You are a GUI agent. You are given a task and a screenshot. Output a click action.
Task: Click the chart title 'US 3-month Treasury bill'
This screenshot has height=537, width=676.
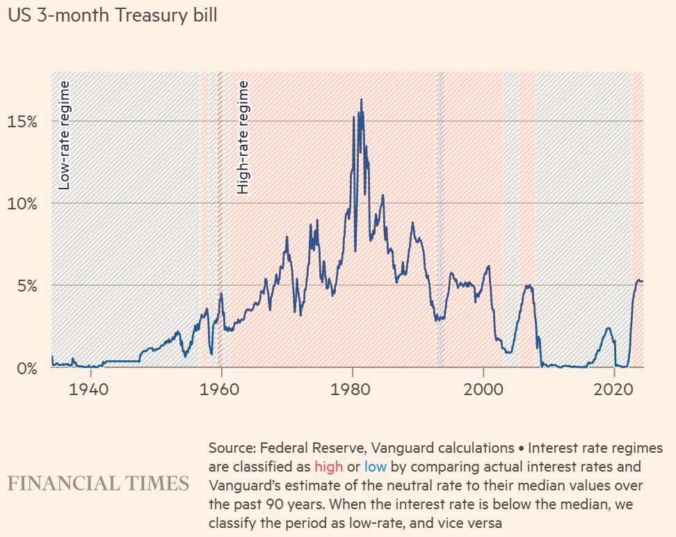(x=113, y=15)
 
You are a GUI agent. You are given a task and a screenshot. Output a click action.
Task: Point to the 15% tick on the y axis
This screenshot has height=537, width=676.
(x=22, y=122)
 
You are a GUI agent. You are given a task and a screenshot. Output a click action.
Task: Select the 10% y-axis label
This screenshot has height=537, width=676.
(x=22, y=204)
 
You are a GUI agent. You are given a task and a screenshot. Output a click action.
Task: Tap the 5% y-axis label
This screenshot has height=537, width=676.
(x=27, y=285)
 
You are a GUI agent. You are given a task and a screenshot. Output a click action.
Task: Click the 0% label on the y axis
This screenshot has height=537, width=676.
(x=27, y=369)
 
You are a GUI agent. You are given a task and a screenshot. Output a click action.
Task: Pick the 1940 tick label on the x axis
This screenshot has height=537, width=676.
(x=88, y=390)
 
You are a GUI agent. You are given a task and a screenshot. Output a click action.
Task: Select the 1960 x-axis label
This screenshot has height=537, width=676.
(x=220, y=390)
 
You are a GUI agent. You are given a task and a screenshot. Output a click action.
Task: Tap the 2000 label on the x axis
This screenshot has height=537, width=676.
(x=483, y=390)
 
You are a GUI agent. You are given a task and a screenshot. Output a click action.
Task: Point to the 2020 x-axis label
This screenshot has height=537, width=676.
(x=613, y=390)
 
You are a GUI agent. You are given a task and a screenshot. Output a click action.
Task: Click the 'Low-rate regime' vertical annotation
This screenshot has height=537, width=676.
(x=64, y=136)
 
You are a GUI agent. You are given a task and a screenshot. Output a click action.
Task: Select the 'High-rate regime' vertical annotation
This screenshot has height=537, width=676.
(x=243, y=137)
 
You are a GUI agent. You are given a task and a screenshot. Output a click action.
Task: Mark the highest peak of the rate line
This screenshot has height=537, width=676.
(x=361, y=99)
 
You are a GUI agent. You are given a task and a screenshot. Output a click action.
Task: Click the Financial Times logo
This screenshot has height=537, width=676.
(x=98, y=483)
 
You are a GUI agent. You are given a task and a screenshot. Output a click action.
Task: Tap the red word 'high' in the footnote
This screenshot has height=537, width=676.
(x=328, y=467)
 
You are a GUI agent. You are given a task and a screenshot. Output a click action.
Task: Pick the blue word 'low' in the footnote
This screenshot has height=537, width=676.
(x=375, y=467)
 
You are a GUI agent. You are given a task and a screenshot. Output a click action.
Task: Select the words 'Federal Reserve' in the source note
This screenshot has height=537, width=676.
(x=312, y=448)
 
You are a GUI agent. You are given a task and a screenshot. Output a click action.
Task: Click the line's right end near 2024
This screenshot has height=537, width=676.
(x=643, y=281)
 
